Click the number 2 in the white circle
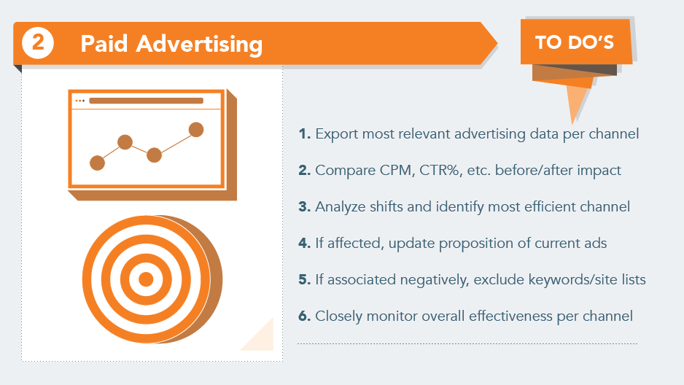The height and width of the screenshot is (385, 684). tap(38, 42)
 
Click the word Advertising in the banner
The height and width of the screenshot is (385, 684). tap(199, 44)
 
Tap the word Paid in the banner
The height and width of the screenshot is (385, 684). tap(104, 44)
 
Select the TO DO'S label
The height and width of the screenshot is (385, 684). tap(575, 42)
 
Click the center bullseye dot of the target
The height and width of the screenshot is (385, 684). tap(146, 279)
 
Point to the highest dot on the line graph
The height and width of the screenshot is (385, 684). tap(196, 130)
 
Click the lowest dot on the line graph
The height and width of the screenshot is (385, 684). tap(97, 163)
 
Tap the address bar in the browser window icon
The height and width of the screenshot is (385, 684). tap(146, 101)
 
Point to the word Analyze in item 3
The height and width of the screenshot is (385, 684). tap(341, 206)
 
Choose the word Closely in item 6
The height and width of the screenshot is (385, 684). tap(338, 316)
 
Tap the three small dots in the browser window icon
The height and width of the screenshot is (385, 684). tap(79, 101)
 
